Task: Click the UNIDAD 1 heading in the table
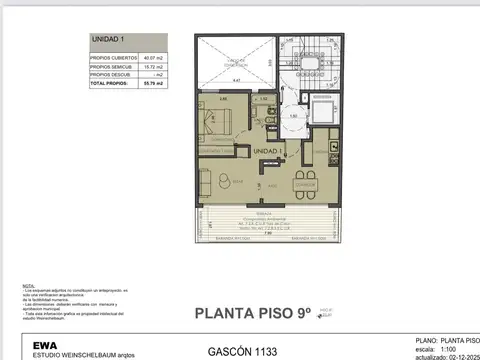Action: point(107,38)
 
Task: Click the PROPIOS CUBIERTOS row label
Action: point(112,58)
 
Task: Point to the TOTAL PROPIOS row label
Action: point(110,82)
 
